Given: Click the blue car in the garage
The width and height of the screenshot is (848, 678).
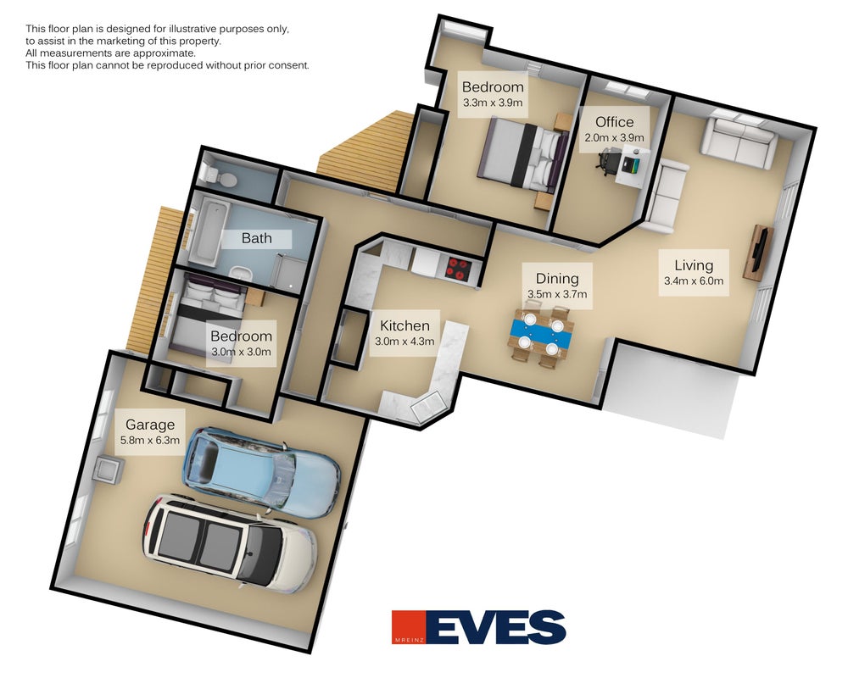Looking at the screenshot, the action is [262, 471].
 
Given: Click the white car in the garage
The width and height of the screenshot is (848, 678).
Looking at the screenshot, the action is [229, 542].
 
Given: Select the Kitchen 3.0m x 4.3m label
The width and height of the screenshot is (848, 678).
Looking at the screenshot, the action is [404, 332].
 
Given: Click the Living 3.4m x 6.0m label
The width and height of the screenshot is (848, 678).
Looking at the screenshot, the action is [694, 272].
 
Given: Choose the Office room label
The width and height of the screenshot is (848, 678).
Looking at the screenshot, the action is [614, 122].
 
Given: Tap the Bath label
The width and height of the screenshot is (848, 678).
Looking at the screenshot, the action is [256, 238].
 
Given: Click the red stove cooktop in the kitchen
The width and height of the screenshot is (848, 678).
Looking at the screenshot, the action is [458, 268].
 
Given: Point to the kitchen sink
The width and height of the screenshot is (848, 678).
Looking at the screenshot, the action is [427, 407].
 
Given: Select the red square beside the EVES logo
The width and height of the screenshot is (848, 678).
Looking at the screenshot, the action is [409, 628].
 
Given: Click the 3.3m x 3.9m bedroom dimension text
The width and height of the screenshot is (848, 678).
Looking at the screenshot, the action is [493, 103].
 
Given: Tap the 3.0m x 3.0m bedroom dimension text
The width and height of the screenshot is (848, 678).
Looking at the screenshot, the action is [241, 352].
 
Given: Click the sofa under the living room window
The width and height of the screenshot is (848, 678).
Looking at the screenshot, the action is [738, 138].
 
